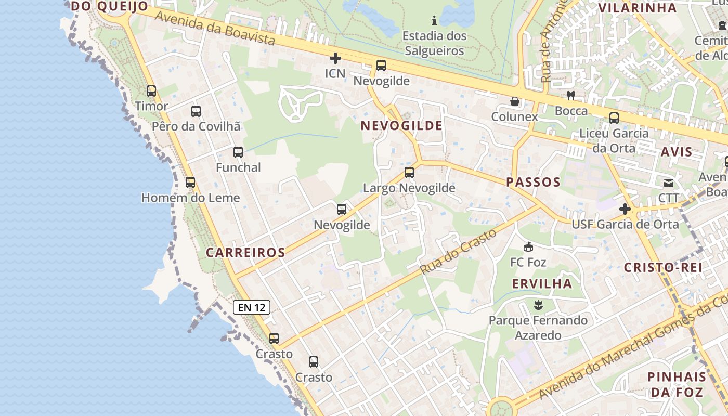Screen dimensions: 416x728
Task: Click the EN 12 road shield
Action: (x=252, y=307)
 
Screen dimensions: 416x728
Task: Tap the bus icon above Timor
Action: (x=151, y=91)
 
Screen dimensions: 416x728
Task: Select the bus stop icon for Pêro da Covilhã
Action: (x=196, y=111)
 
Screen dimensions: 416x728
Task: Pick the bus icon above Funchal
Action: (x=238, y=152)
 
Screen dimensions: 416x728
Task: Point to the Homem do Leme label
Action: (x=191, y=198)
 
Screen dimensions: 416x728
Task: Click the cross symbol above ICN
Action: (x=335, y=58)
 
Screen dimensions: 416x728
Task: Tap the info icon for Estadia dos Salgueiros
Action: (x=434, y=21)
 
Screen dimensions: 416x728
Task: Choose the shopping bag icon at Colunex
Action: (x=515, y=101)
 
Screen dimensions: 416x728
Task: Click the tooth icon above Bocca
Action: (x=571, y=96)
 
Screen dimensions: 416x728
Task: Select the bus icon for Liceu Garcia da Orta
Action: (x=614, y=118)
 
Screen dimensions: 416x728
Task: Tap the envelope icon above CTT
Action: (x=669, y=183)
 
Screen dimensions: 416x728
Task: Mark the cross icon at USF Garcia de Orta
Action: (x=625, y=209)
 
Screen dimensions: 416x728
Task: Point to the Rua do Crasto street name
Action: (x=459, y=252)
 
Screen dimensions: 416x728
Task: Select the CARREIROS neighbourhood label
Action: (x=245, y=253)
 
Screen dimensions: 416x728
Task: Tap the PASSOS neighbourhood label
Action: (x=534, y=182)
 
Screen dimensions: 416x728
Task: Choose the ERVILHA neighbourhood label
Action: (x=542, y=283)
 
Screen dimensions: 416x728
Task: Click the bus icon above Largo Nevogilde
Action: (x=409, y=173)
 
